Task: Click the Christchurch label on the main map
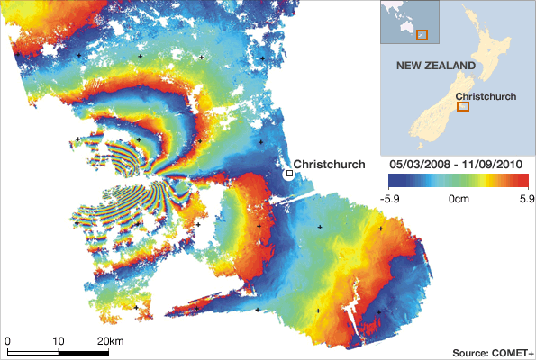(330, 164)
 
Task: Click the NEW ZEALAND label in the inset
(436, 67)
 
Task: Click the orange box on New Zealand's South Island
(463, 106)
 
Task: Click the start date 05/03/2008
(418, 166)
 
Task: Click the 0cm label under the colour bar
(458, 197)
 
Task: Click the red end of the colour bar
(521, 181)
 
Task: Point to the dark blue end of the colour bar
(392, 181)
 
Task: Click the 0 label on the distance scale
(7, 341)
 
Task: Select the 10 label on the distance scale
(59, 341)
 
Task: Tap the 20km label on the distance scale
(111, 341)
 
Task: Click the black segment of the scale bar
(33, 351)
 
